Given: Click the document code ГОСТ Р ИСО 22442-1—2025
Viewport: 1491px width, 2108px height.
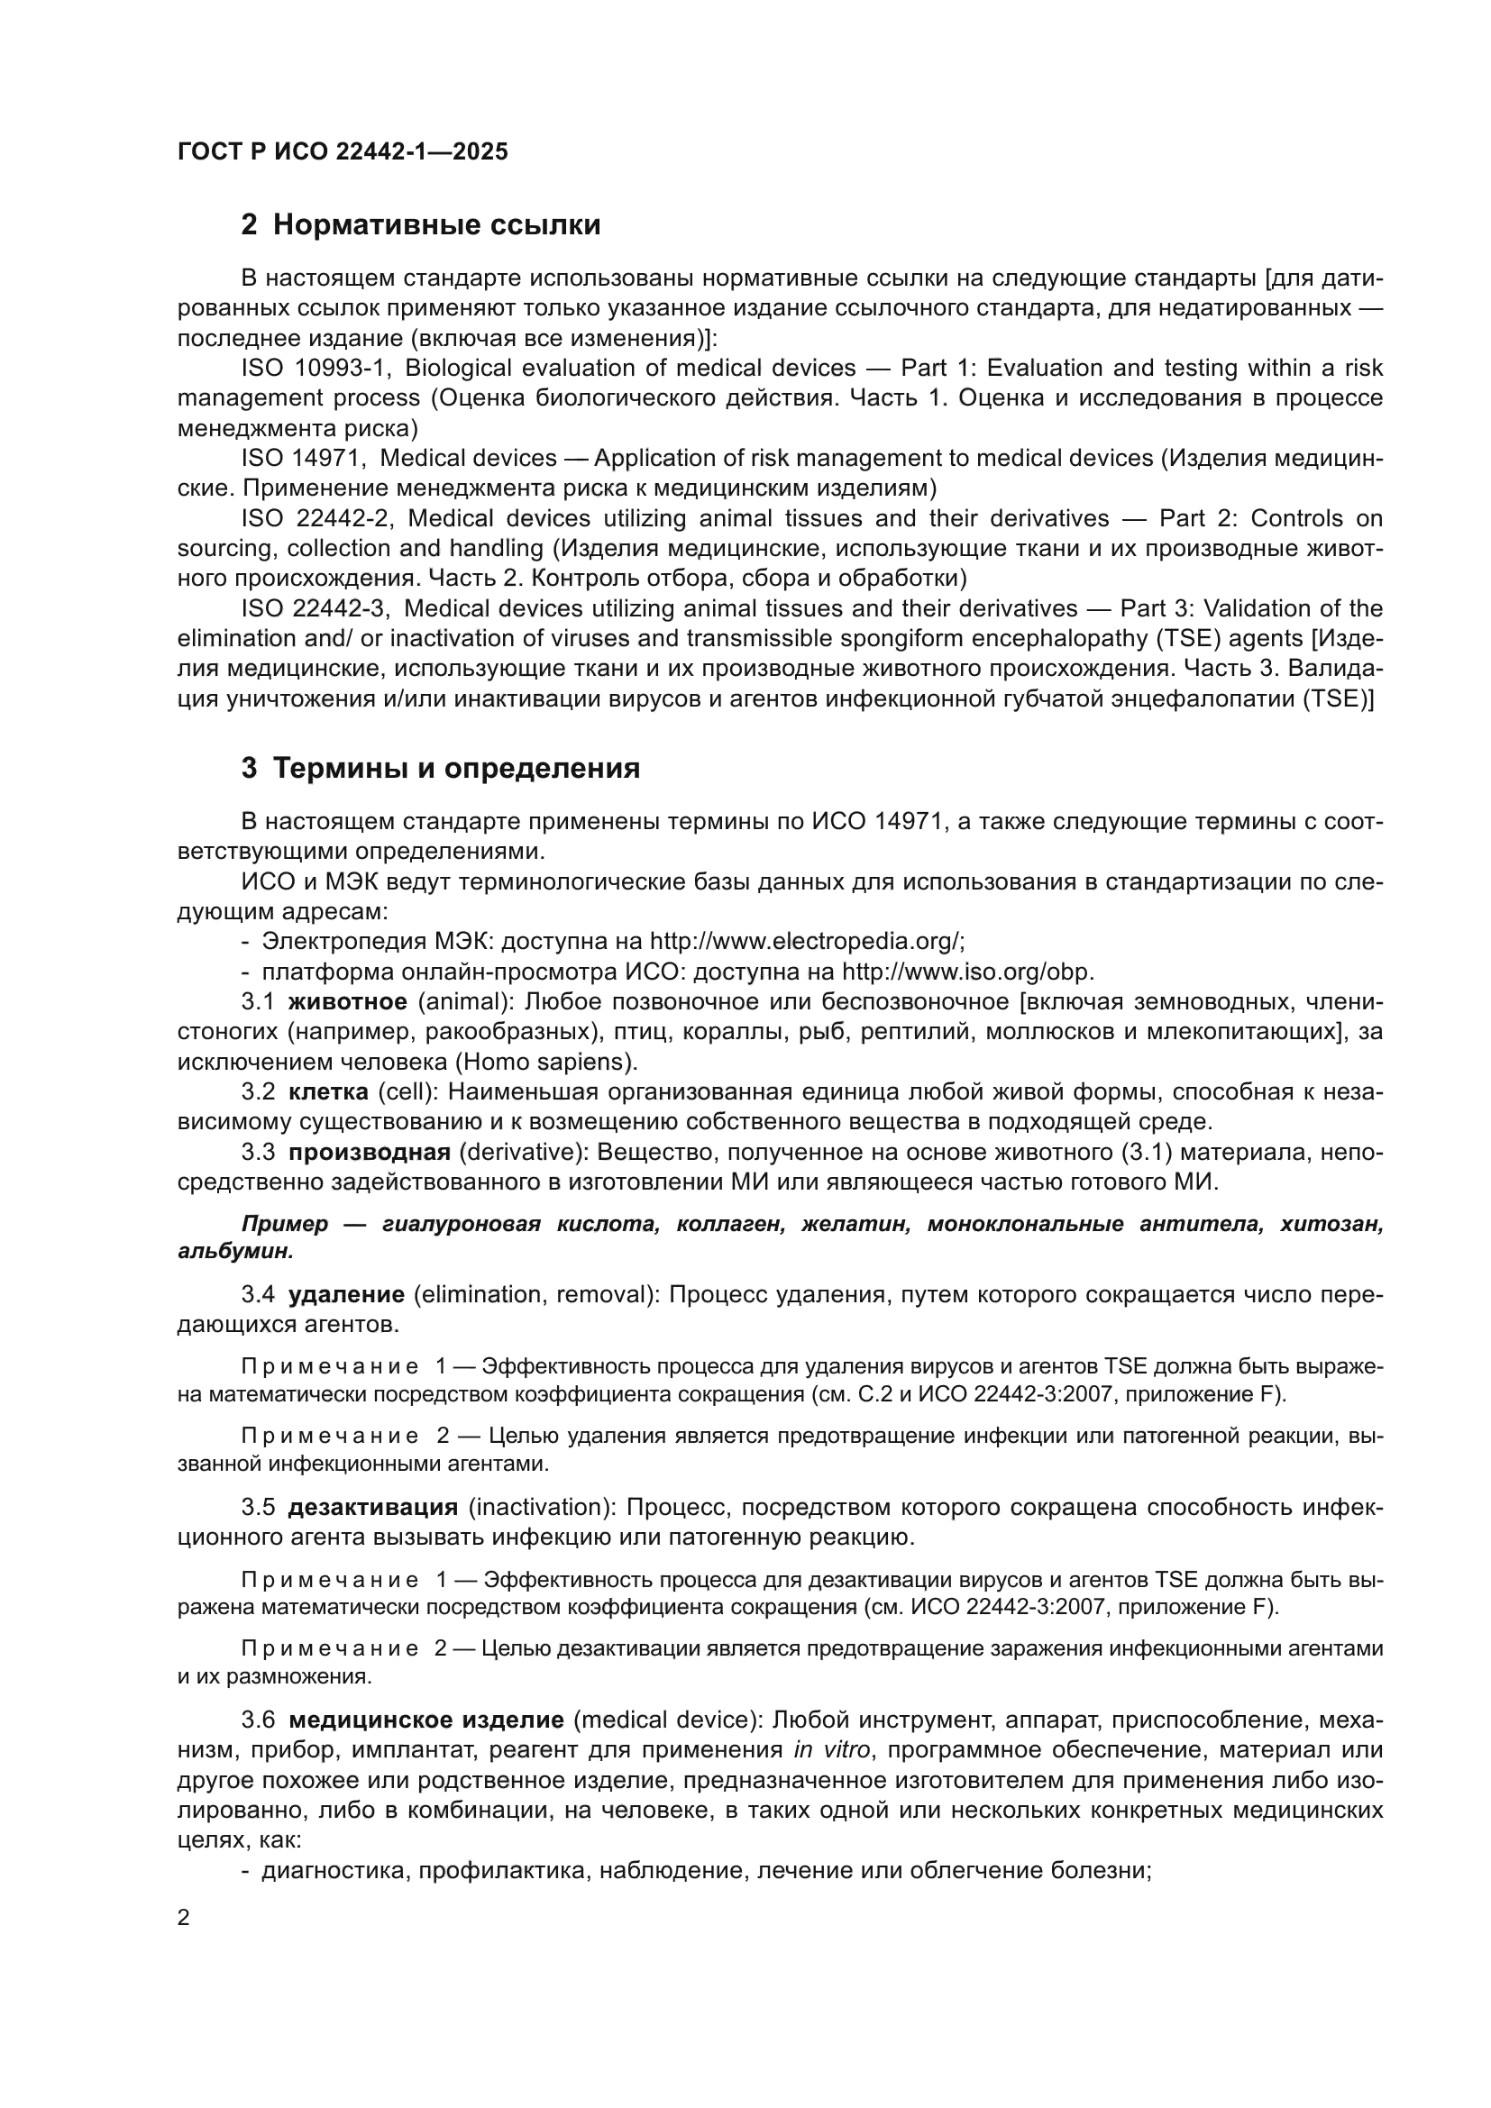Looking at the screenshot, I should pyautogui.click(x=343, y=152).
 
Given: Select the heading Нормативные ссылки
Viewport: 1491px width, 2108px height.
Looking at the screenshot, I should pyautogui.click(x=436, y=225).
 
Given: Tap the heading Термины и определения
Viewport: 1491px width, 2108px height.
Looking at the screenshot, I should pyautogui.click(x=456, y=769).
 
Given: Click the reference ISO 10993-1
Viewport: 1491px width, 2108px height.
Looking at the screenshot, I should pyautogui.click(x=316, y=369).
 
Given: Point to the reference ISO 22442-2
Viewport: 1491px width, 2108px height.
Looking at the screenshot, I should pyautogui.click(x=316, y=519).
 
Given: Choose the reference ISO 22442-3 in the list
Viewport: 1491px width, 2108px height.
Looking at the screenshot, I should pyautogui.click(x=316, y=608).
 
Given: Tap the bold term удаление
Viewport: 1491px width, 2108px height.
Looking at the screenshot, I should pyautogui.click(x=346, y=1295).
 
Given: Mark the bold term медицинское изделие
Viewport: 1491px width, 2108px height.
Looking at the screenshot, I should pyautogui.click(x=426, y=1720).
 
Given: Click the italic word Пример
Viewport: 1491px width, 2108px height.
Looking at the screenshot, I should pyautogui.click(x=285, y=1225).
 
